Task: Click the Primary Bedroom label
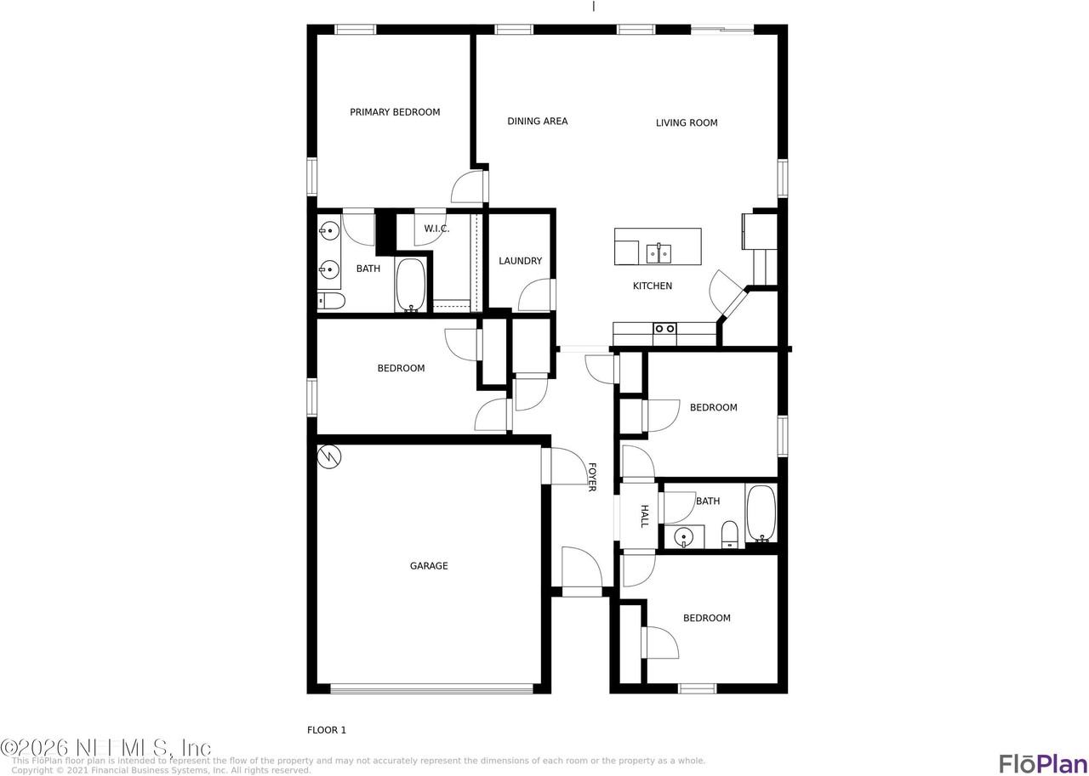tap(395, 112)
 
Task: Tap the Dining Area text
tap(537, 122)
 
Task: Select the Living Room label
tap(686, 123)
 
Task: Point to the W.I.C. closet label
tap(436, 229)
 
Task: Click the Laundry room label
tap(520, 262)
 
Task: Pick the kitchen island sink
tap(659, 252)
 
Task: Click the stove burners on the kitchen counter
tap(664, 328)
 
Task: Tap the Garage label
tap(429, 566)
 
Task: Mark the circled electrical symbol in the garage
tap(329, 457)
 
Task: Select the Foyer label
tap(591, 477)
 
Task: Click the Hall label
tap(644, 516)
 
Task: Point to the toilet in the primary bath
tap(331, 300)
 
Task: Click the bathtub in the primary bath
tap(412, 285)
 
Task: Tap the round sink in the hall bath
tap(683, 537)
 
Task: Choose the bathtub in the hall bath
tap(761, 513)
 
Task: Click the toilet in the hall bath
tap(730, 534)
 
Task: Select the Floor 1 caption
tap(327, 730)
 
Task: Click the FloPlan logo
tap(1042, 762)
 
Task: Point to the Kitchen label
tap(653, 286)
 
